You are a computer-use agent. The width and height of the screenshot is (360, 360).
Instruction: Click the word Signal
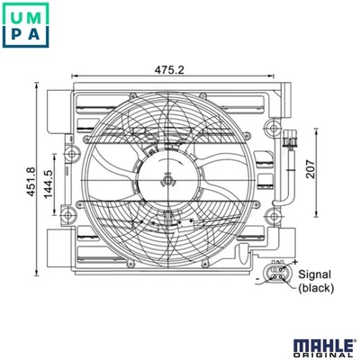tap(316, 274)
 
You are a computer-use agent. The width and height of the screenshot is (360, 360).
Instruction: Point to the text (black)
tap(316, 288)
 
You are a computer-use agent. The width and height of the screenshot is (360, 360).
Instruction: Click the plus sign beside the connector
tap(294, 261)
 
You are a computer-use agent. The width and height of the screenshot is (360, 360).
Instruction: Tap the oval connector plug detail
tap(275, 273)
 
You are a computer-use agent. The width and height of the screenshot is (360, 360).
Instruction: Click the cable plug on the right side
tap(289, 142)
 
